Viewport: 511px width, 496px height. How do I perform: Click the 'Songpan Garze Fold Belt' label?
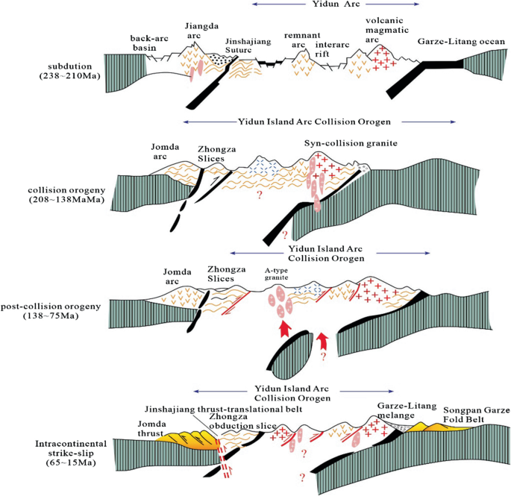pyautogui.click(x=473, y=415)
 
